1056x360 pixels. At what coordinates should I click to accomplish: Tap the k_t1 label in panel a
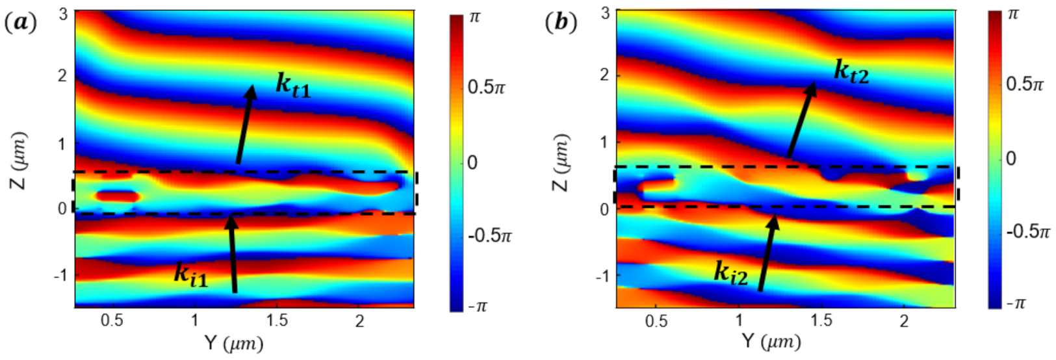(293, 85)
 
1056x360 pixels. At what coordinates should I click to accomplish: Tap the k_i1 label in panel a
(190, 274)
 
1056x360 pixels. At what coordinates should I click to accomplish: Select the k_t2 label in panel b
(851, 71)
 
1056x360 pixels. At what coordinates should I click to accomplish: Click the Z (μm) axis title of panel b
(561, 162)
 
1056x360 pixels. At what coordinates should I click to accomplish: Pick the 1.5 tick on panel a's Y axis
(277, 320)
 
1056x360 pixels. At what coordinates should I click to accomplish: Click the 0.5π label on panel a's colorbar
(486, 87)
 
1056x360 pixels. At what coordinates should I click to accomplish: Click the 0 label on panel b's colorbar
(1012, 159)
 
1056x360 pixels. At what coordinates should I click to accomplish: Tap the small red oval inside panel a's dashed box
(118, 196)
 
